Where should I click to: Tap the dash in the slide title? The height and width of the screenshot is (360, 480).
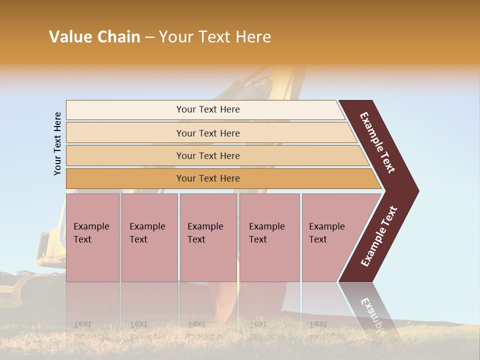click(x=149, y=37)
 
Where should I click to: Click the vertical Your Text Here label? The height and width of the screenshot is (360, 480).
click(x=57, y=143)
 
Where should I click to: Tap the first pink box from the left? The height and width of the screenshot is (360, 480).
click(x=92, y=237)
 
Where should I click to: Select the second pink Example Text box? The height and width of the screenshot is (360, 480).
click(x=149, y=237)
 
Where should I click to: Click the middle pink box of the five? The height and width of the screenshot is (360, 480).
click(x=208, y=237)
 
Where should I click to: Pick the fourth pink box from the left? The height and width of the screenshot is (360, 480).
click(x=269, y=237)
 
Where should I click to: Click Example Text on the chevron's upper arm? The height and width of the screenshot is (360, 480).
click(x=377, y=142)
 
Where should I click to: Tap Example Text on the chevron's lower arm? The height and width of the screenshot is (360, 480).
click(x=379, y=236)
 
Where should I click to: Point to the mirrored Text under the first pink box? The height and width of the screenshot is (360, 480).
click(x=82, y=324)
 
